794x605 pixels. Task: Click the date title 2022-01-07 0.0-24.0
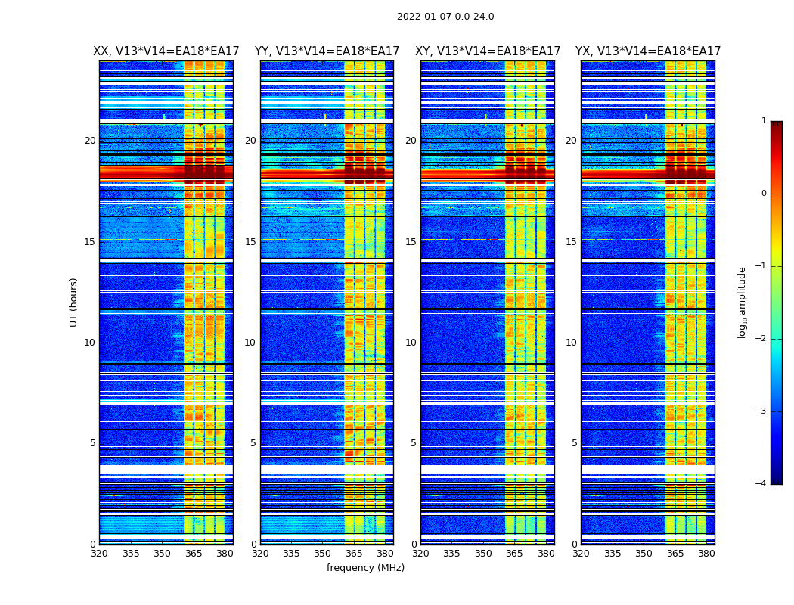click(445, 17)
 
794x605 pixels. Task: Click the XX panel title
click(166, 51)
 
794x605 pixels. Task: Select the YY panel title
click(327, 51)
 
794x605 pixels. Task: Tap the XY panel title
click(488, 51)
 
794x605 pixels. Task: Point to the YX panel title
click(648, 51)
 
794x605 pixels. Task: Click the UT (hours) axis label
click(74, 302)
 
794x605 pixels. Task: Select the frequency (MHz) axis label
click(365, 568)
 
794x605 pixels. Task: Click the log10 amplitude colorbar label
click(743, 302)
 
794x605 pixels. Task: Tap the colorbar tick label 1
click(764, 121)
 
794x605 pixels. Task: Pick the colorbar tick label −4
click(761, 484)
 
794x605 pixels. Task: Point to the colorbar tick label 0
click(764, 194)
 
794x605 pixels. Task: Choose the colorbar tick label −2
click(761, 339)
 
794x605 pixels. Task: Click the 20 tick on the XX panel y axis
click(90, 141)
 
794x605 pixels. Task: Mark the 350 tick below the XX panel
click(163, 554)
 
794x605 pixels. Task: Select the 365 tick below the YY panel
click(354, 554)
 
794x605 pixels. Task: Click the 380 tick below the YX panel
click(706, 554)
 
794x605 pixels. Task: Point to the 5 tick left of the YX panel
click(574, 443)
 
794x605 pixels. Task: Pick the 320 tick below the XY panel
click(421, 554)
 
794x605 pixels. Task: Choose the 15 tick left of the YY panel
click(250, 242)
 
